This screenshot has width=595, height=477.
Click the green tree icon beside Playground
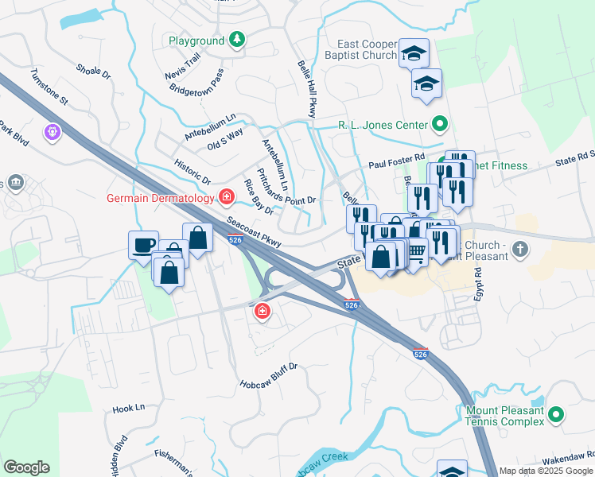(236, 40)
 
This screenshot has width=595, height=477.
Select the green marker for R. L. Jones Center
(439, 124)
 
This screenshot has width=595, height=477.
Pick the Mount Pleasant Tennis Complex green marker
(556, 414)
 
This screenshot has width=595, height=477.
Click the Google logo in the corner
(26, 467)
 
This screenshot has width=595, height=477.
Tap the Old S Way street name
(224, 142)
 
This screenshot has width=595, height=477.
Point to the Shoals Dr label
(93, 72)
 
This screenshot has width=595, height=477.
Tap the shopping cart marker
(416, 251)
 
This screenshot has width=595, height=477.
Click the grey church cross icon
(520, 250)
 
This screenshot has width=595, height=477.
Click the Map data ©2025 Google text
(546, 471)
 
